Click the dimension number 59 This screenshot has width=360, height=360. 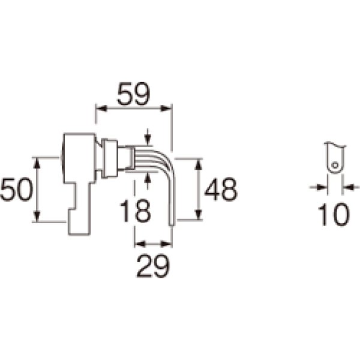133,94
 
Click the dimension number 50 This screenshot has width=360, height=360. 16,190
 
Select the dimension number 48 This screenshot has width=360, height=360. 221,190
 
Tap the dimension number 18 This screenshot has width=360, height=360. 136,211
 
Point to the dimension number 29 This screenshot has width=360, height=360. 153,266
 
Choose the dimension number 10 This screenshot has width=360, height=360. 334,214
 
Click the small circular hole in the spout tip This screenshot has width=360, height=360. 335,165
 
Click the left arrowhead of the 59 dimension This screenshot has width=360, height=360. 101,109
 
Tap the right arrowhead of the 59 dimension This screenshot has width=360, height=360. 166,109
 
